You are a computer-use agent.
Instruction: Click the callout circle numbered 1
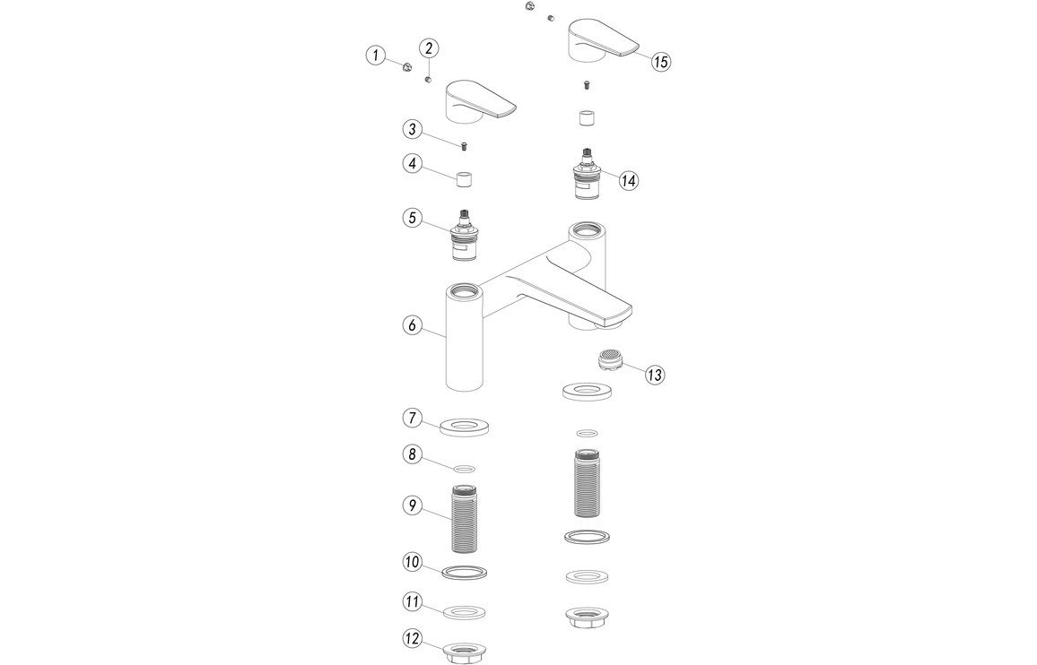tap(376, 55)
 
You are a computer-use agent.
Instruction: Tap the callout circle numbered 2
tap(429, 48)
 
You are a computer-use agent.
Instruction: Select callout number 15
tap(661, 62)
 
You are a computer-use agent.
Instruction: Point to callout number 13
tap(655, 375)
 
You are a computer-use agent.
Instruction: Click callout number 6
tap(413, 325)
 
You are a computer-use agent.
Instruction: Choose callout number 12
tap(413, 638)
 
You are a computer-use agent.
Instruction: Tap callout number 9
tap(413, 505)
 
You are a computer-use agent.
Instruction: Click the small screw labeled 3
tap(465, 145)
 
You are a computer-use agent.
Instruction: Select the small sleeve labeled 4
tap(465, 178)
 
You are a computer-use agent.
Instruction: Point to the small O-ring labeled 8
tap(465, 469)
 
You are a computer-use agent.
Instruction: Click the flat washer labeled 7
tap(465, 427)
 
